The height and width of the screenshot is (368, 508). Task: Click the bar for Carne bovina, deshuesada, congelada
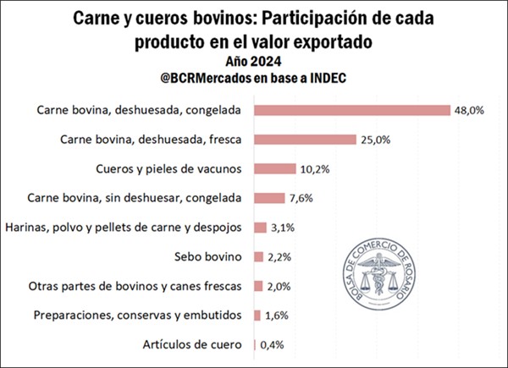click(x=351, y=110)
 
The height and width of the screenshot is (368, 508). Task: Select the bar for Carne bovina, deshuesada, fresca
click(x=305, y=140)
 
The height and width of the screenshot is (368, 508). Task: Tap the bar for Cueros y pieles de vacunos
click(x=274, y=169)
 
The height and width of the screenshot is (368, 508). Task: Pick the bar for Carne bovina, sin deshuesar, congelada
click(x=269, y=198)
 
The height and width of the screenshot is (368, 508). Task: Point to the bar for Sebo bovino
click(x=258, y=256)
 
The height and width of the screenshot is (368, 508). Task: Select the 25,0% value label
click(x=376, y=140)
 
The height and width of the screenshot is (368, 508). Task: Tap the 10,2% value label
click(x=315, y=169)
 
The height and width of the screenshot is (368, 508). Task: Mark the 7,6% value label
click(x=302, y=198)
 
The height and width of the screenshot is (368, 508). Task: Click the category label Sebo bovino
click(x=208, y=256)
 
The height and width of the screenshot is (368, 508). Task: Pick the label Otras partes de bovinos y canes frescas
click(x=135, y=286)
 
